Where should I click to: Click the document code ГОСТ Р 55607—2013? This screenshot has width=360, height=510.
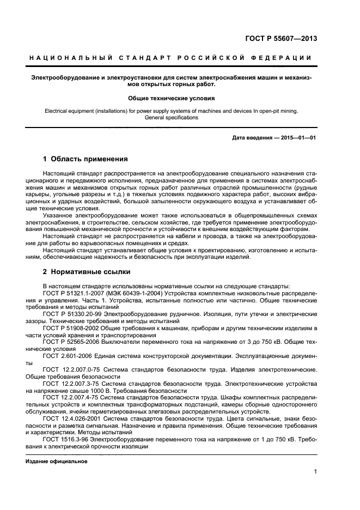click(x=282, y=39)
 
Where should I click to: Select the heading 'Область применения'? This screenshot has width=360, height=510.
click(x=89, y=160)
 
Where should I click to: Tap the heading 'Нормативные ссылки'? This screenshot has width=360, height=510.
click(x=90, y=271)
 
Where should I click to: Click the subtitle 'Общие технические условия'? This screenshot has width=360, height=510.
click(x=172, y=99)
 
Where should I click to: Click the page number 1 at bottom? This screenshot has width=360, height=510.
click(x=315, y=472)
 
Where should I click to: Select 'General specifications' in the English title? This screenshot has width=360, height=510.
click(x=172, y=117)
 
